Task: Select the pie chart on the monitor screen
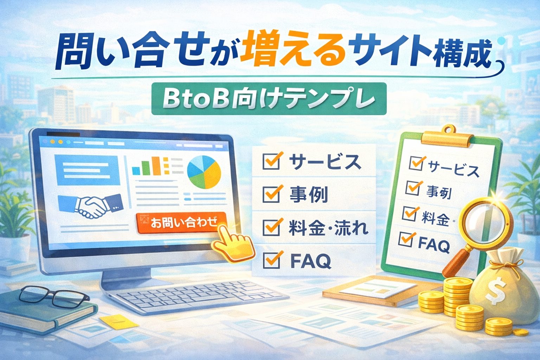coord(204,172)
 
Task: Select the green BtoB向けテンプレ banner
coord(269,99)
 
